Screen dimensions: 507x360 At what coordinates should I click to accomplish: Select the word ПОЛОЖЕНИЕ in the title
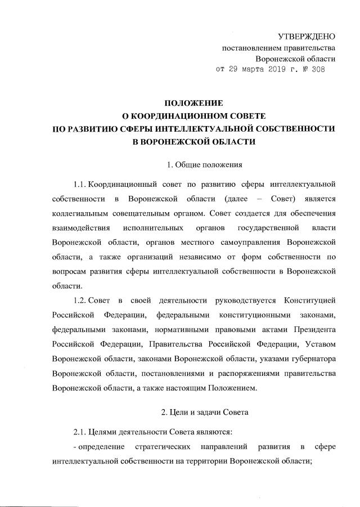pyautogui.click(x=193, y=104)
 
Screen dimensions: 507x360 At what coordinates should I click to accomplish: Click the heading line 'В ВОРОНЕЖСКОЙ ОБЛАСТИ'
pyautogui.click(x=193, y=142)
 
